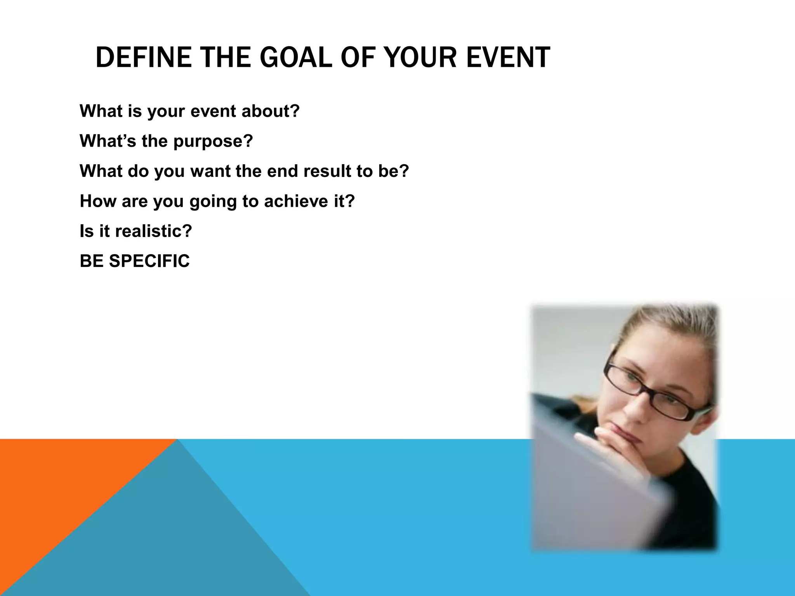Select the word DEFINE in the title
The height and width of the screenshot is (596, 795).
(x=143, y=57)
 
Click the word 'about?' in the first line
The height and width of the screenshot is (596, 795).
(x=271, y=111)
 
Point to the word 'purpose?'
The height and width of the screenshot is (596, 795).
(x=213, y=141)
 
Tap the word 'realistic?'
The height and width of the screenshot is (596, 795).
(x=153, y=231)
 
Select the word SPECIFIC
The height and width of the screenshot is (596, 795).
(x=149, y=261)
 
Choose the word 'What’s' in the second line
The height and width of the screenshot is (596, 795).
(x=108, y=141)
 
